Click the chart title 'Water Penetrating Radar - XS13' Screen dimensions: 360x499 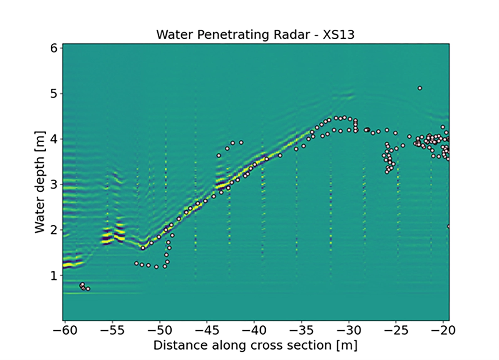pos(255,35)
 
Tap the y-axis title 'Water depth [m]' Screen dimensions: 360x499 pos(40,181)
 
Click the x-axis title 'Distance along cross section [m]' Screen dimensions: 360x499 pos(255,345)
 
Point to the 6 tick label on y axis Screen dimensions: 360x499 pos(54,48)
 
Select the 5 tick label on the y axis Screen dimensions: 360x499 pos(54,94)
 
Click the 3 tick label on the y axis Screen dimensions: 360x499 pos(54,184)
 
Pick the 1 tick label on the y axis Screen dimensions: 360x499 pos(54,275)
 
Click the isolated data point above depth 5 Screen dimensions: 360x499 pos(420,88)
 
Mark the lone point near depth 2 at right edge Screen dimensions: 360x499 pos(449,226)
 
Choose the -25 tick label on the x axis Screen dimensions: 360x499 pos(396,331)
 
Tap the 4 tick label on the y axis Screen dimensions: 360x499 pos(54,139)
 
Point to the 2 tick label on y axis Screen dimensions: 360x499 pos(54,230)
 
